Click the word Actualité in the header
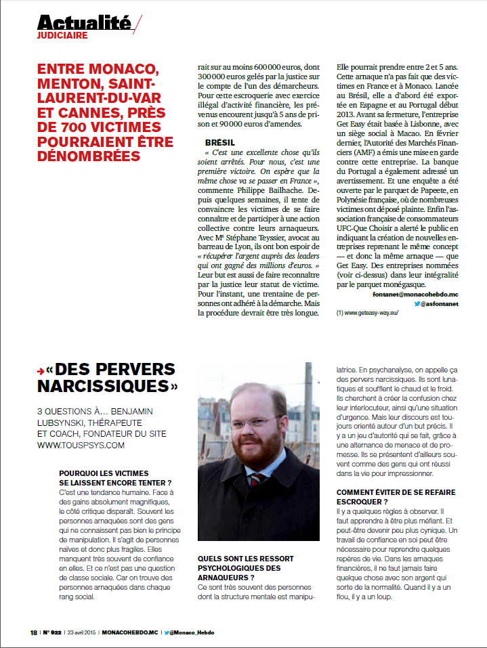point(84,22)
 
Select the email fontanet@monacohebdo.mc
point(416,295)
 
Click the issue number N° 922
point(54,632)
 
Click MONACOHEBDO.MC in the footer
point(130,632)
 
